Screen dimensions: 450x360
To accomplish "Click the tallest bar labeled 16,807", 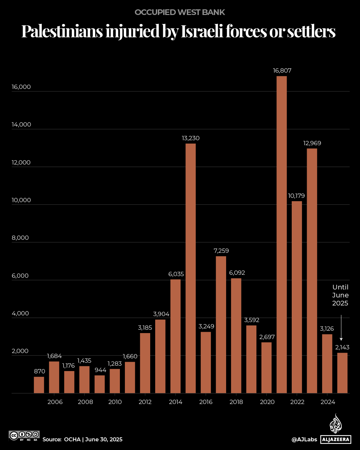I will [x=281, y=234].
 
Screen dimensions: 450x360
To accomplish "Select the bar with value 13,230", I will [x=190, y=268].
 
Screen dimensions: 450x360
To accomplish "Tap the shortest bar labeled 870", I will [x=39, y=385].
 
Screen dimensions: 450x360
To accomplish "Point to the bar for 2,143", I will [x=342, y=373].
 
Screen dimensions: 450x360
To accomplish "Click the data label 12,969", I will [x=312, y=143].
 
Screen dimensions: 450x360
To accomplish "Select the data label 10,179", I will [x=296, y=196].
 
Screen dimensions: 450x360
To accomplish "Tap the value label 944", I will [x=100, y=370].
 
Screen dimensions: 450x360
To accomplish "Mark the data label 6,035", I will [x=176, y=274].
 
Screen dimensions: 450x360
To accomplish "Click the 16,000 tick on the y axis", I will [x=21, y=87].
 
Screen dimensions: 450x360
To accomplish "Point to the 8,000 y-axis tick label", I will [x=20, y=238].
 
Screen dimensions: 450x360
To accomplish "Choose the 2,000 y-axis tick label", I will [x=20, y=351].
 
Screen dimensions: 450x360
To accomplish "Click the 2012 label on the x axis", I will [x=145, y=402].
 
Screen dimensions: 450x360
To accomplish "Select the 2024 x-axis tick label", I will [x=328, y=402].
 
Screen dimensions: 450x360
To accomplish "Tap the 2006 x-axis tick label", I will [x=55, y=402].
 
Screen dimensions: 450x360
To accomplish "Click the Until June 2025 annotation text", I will [x=340, y=295].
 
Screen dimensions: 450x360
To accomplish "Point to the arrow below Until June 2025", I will [x=341, y=328].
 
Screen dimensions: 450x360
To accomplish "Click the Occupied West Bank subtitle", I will [x=180, y=12].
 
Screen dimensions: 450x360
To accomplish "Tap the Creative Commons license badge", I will [x=24, y=435].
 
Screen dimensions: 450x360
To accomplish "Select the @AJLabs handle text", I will [x=304, y=440].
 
